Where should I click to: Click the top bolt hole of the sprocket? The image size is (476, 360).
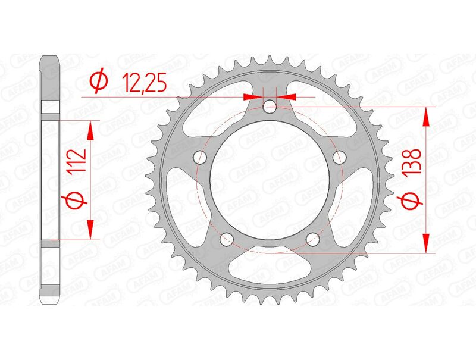270,107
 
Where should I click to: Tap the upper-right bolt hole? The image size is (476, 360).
340,157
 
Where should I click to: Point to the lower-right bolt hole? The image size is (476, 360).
313,239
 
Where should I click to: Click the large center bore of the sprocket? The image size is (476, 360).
270,179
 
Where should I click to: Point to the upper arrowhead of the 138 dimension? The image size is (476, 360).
426,117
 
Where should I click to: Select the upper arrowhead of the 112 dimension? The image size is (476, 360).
90,130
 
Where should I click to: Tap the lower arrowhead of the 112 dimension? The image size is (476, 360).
90,229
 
